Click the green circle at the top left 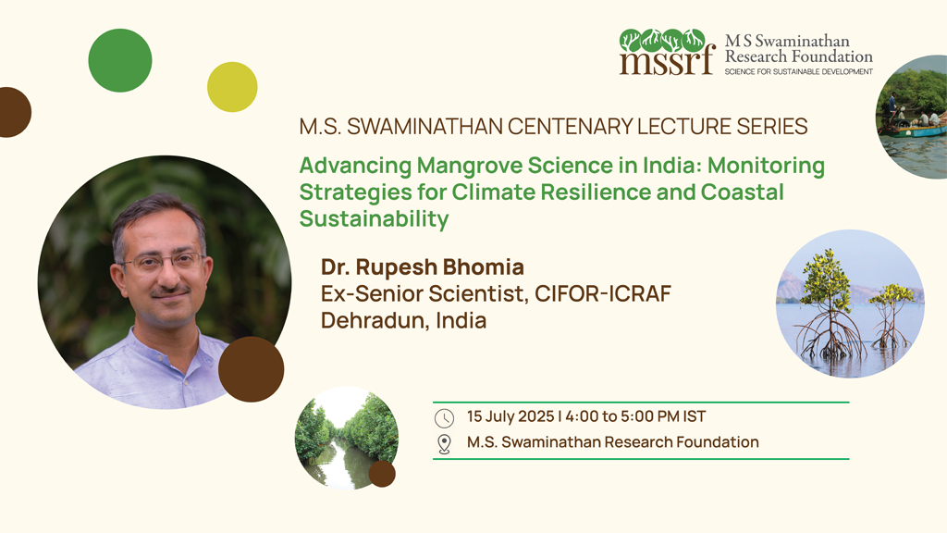pyautogui.click(x=120, y=60)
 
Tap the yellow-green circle pyautogui.click(x=232, y=87)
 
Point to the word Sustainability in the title pyautogui.click(x=374, y=218)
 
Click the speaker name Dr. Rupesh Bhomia pyautogui.click(x=422, y=266)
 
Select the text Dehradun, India pyautogui.click(x=403, y=320)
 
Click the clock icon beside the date pyautogui.click(x=444, y=418)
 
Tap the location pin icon pyautogui.click(x=444, y=444)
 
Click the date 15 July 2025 pyautogui.click(x=510, y=416)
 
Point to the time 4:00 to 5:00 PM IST pyautogui.click(x=635, y=416)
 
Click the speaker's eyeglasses pyautogui.click(x=163, y=261)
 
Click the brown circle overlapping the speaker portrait pyautogui.click(x=252, y=369)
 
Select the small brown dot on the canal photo pyautogui.click(x=382, y=474)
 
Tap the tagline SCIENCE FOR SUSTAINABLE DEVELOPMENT pyautogui.click(x=798, y=71)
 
